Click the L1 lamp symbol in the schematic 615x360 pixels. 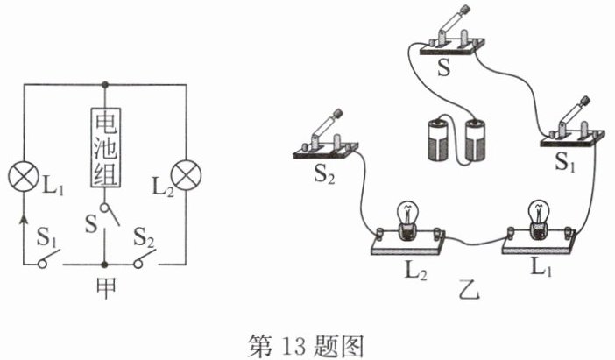coord(24,175)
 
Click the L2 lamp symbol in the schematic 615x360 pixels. coord(187,175)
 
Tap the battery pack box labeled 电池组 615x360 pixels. coord(105,148)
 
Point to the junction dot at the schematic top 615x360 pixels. coord(105,84)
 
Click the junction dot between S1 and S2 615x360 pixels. coord(104,265)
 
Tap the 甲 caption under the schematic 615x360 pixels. coord(106,288)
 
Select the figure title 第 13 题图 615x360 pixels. coord(306,346)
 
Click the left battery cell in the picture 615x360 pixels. coord(437,141)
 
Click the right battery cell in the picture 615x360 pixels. coord(475,141)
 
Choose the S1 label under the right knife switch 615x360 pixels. coord(565,161)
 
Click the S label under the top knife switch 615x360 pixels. coord(444,67)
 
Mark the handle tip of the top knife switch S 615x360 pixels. coord(465,8)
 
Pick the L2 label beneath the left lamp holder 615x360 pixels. coord(416,270)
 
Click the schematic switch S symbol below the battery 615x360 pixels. coord(109,215)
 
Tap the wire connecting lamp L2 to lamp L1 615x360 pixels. coord(473,243)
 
